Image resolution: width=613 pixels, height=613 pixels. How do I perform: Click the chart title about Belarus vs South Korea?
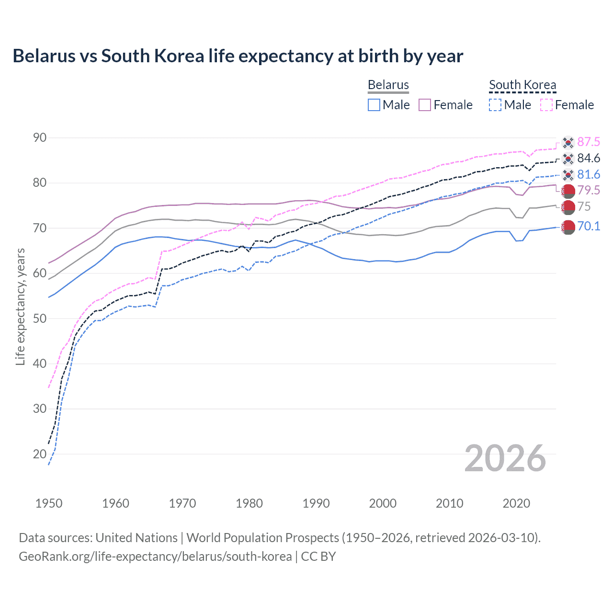[238, 56]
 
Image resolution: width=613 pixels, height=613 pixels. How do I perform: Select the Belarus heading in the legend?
[388, 85]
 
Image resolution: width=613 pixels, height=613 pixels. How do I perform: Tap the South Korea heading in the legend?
[522, 85]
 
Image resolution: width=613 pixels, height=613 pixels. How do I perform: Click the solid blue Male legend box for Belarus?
[374, 105]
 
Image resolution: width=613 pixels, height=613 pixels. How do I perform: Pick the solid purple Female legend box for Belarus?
[425, 105]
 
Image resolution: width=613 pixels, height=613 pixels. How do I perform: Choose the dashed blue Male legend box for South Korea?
[495, 105]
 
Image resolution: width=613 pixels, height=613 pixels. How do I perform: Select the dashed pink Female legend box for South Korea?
[546, 105]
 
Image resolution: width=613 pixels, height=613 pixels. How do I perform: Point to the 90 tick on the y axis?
[40, 138]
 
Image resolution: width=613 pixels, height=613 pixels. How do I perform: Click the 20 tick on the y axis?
[40, 454]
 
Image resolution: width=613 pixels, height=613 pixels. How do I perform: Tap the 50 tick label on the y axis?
[40, 318]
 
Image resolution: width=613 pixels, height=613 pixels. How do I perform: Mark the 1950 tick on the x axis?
[49, 503]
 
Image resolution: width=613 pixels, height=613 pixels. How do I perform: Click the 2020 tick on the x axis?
[516, 503]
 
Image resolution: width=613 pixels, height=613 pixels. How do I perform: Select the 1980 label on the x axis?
[249, 503]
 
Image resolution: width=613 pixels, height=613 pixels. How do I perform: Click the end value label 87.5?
[589, 142]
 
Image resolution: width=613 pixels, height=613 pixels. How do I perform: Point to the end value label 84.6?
[589, 158]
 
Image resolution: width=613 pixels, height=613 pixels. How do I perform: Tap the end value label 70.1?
[589, 226]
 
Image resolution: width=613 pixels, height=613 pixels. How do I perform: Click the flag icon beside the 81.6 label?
[568, 175]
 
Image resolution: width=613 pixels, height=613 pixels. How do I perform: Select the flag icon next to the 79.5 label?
[568, 191]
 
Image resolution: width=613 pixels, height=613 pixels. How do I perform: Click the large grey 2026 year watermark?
[505, 458]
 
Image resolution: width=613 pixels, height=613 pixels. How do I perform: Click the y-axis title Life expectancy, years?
[21, 306]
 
